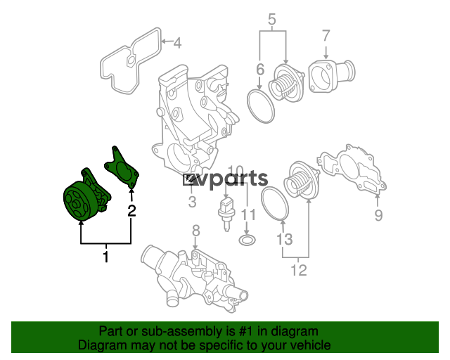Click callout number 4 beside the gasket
[x=178, y=43]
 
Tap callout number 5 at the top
[x=272, y=19]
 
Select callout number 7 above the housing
[x=326, y=36]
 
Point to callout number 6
[x=260, y=70]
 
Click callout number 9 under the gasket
[x=378, y=215]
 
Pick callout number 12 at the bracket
[x=299, y=270]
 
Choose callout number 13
[x=284, y=239]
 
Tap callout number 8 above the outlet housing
[x=195, y=231]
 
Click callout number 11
[x=248, y=214]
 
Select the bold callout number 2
[x=131, y=211]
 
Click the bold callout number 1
[x=106, y=257]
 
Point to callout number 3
[x=192, y=202]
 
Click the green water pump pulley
[x=77, y=202]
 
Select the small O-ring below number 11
[x=247, y=240]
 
